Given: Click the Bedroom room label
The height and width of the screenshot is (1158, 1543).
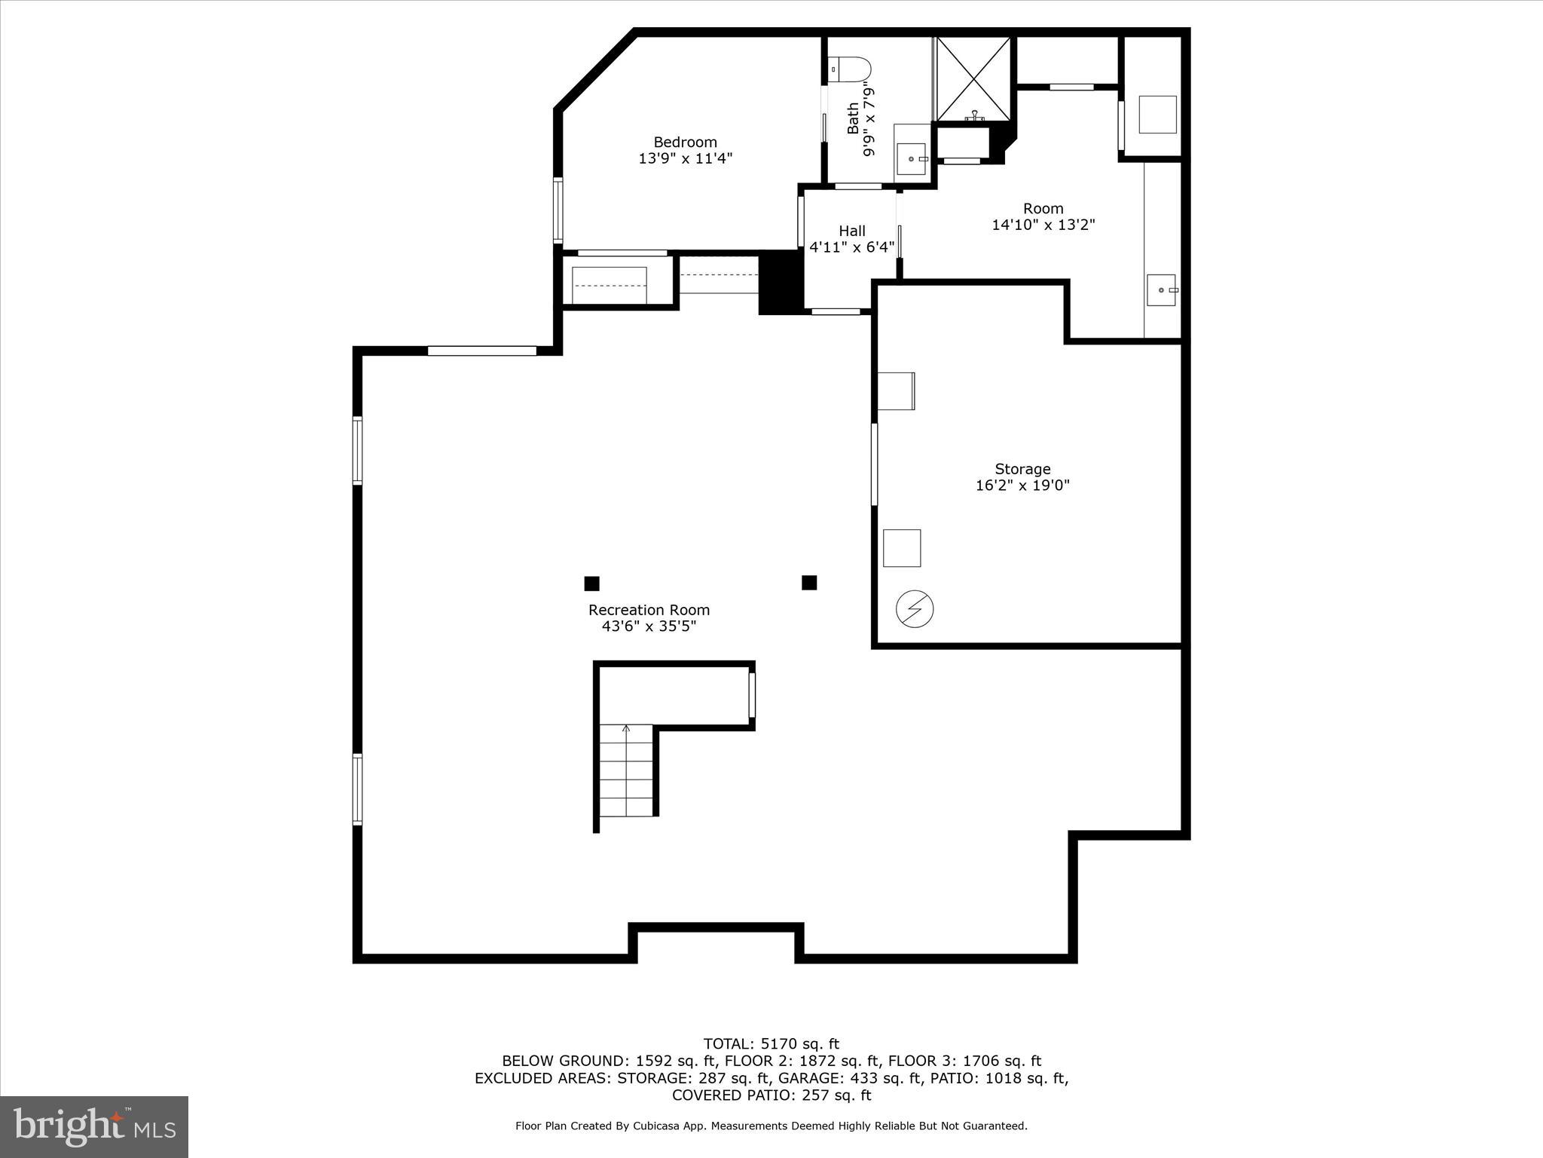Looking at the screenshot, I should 685,142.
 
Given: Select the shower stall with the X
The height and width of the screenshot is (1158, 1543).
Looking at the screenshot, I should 973,78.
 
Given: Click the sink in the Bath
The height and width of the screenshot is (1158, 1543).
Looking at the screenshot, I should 912,158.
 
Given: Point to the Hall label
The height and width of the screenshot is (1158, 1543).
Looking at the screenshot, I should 852,231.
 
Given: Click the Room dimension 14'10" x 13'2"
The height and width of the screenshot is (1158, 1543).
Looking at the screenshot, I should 1043,225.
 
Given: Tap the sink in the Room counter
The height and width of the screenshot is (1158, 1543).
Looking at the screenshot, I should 1161,290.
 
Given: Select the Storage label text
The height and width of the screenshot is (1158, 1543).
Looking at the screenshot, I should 1022,469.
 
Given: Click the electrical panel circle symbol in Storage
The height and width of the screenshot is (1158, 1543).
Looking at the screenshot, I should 915,608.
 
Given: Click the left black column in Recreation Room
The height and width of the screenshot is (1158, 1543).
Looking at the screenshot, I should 592,584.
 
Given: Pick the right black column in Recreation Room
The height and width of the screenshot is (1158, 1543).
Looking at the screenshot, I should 809,583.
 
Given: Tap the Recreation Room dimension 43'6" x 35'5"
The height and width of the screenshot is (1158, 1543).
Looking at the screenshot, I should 649,626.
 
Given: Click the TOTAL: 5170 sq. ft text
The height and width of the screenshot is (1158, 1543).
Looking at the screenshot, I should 771,1044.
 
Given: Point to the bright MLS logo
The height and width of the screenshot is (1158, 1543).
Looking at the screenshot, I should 94,1127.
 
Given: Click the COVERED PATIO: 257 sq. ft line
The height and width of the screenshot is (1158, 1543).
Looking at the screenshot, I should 771,1095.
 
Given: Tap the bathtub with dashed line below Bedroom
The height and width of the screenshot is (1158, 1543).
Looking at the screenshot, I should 609,285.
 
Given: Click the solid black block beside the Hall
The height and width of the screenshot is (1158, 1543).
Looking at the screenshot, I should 781,283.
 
